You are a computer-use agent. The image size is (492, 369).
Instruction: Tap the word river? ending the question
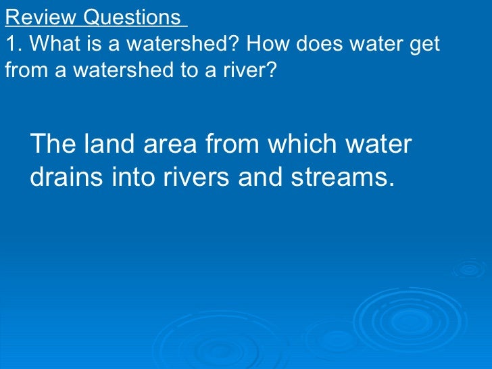pos(251,70)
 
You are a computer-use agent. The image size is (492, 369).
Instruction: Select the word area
pos(168,145)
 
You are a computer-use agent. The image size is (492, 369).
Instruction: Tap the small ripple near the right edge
pos(468,269)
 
